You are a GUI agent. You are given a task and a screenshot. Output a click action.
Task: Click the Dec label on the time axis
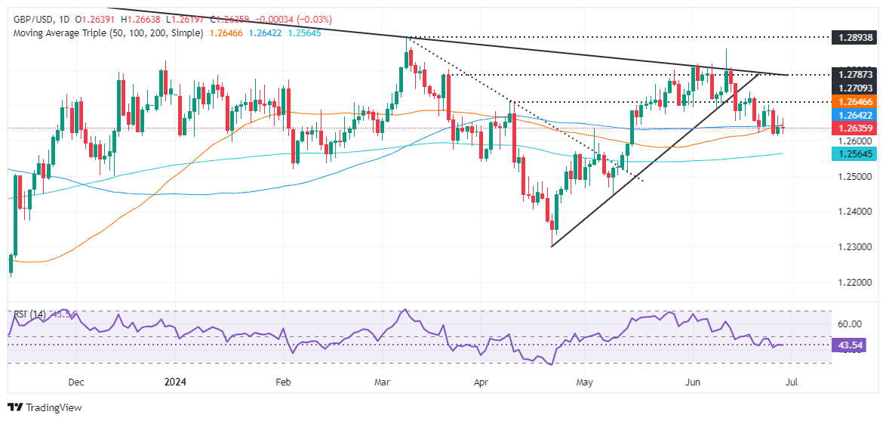(75, 382)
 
